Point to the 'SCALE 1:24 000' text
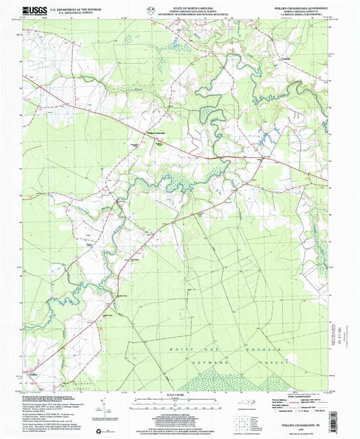tap(179, 394)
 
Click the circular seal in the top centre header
tap(149, 9)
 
